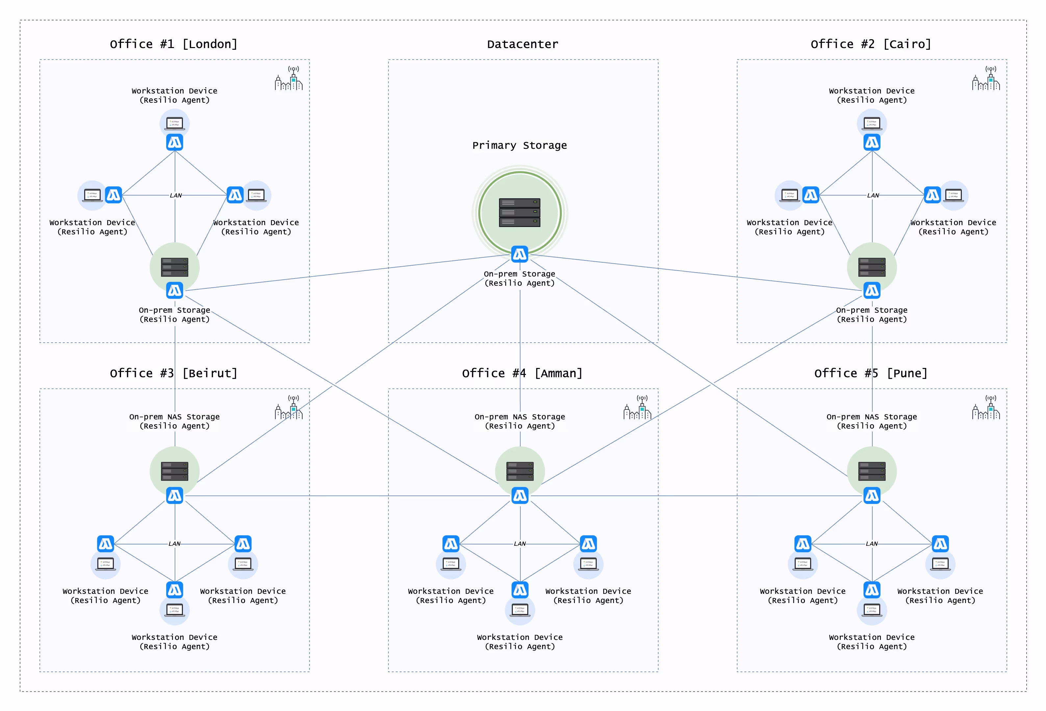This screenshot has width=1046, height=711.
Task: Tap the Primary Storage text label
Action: (519, 145)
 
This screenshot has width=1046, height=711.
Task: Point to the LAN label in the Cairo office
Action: (873, 196)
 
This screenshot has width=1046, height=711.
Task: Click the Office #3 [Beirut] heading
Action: (173, 373)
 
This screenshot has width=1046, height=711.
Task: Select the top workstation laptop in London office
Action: (175, 123)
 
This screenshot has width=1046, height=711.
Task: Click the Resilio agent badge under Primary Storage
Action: (519, 254)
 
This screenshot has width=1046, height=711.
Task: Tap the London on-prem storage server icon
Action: (175, 267)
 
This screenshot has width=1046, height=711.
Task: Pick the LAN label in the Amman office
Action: (520, 544)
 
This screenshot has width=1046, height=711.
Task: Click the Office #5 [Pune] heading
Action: (871, 373)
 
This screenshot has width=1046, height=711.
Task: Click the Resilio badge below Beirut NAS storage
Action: (175, 496)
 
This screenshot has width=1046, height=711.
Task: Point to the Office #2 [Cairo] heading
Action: (871, 44)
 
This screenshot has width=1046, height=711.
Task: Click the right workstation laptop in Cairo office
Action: (954, 195)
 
